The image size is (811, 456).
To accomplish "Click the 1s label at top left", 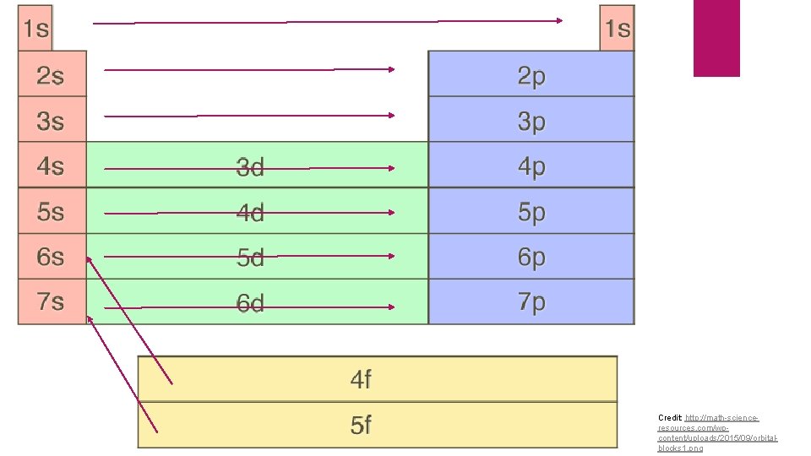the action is (35, 29).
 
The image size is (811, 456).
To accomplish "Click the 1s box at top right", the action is (617, 29).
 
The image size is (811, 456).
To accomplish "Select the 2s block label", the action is (51, 75).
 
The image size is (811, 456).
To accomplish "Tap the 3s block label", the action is (51, 121).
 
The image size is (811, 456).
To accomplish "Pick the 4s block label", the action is (51, 166).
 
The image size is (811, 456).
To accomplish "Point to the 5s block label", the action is (51, 211).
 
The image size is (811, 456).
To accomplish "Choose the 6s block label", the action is (51, 256).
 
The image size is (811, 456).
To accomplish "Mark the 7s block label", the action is (51, 301).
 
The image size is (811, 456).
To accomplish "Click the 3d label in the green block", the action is (250, 167).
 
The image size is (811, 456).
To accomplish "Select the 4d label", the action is (250, 212).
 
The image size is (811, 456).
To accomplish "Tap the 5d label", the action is (250, 257).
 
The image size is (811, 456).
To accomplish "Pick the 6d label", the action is (250, 302).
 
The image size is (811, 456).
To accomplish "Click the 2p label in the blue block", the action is (531, 76).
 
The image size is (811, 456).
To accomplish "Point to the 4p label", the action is (531, 166).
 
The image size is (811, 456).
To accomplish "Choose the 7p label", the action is (531, 301).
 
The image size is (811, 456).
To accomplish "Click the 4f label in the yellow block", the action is (361, 380).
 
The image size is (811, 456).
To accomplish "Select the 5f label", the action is (361, 425).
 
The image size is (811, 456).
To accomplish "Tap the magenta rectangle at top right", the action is (716, 37).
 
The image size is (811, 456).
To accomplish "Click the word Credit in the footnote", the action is (670, 418).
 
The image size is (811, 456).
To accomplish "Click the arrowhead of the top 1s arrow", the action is (559, 20).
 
